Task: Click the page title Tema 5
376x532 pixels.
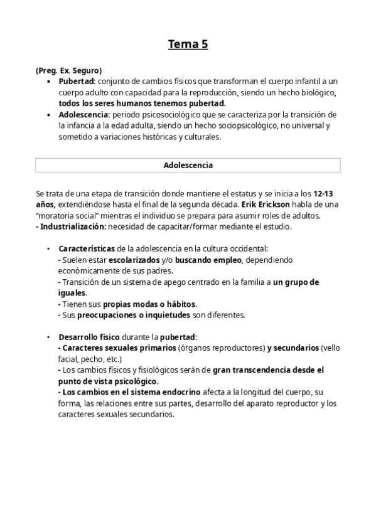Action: pos(187,44)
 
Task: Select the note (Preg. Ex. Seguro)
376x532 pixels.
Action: pos(68,70)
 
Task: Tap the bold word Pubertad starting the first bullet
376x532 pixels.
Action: pos(77,82)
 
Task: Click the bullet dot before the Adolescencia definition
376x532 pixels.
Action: pos(50,115)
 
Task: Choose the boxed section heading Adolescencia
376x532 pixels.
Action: pos(188,165)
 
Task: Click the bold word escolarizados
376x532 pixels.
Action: pos(134,259)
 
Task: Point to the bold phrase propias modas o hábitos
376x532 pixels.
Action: pos(149,304)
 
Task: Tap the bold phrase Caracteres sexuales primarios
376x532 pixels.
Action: pos(117,348)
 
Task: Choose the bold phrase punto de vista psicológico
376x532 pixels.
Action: pos(108,381)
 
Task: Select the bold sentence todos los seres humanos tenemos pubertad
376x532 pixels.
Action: pos(142,103)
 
